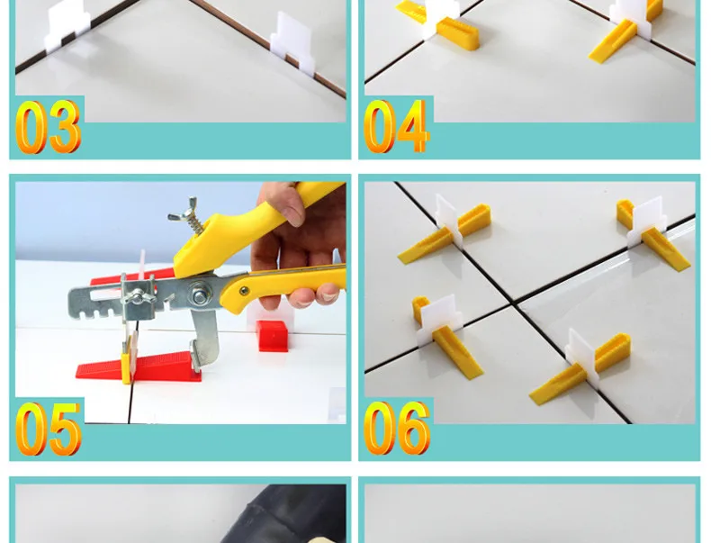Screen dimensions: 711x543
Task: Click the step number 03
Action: pyautogui.click(x=49, y=127)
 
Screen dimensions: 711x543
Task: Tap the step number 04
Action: pyautogui.click(x=396, y=127)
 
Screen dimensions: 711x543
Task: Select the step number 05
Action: pyautogui.click(x=49, y=429)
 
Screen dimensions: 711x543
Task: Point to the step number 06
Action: pyautogui.click(x=397, y=429)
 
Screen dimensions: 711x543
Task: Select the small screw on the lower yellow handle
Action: pyautogui.click(x=245, y=291)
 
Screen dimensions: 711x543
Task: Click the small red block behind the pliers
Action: pyautogui.click(x=273, y=335)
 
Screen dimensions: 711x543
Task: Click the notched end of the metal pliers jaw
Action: pyautogui.click(x=88, y=303)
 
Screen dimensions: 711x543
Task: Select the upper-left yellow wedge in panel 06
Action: pyautogui.click(x=445, y=232)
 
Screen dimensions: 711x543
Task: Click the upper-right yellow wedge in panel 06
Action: pyautogui.click(x=653, y=232)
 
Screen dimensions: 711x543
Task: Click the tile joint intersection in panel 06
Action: pyautogui.click(x=514, y=304)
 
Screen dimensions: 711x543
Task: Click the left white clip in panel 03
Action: pyautogui.click(x=67, y=25)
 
